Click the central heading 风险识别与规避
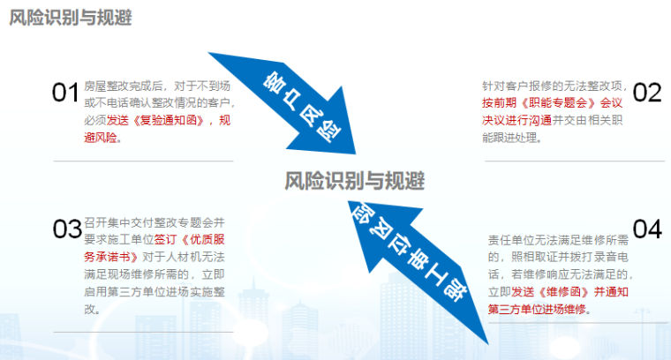click(x=355, y=181)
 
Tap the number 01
click(x=66, y=92)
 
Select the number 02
click(x=646, y=92)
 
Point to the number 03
click(x=67, y=229)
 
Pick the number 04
click(x=646, y=229)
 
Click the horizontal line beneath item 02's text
click(x=575, y=161)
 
